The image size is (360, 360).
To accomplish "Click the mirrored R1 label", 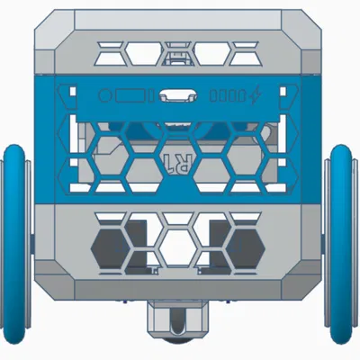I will [180, 163].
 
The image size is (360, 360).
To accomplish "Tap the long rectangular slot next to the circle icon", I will [135, 94].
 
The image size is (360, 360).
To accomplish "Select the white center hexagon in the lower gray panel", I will [180, 240].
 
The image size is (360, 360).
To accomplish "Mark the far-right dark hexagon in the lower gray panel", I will [249, 241].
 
